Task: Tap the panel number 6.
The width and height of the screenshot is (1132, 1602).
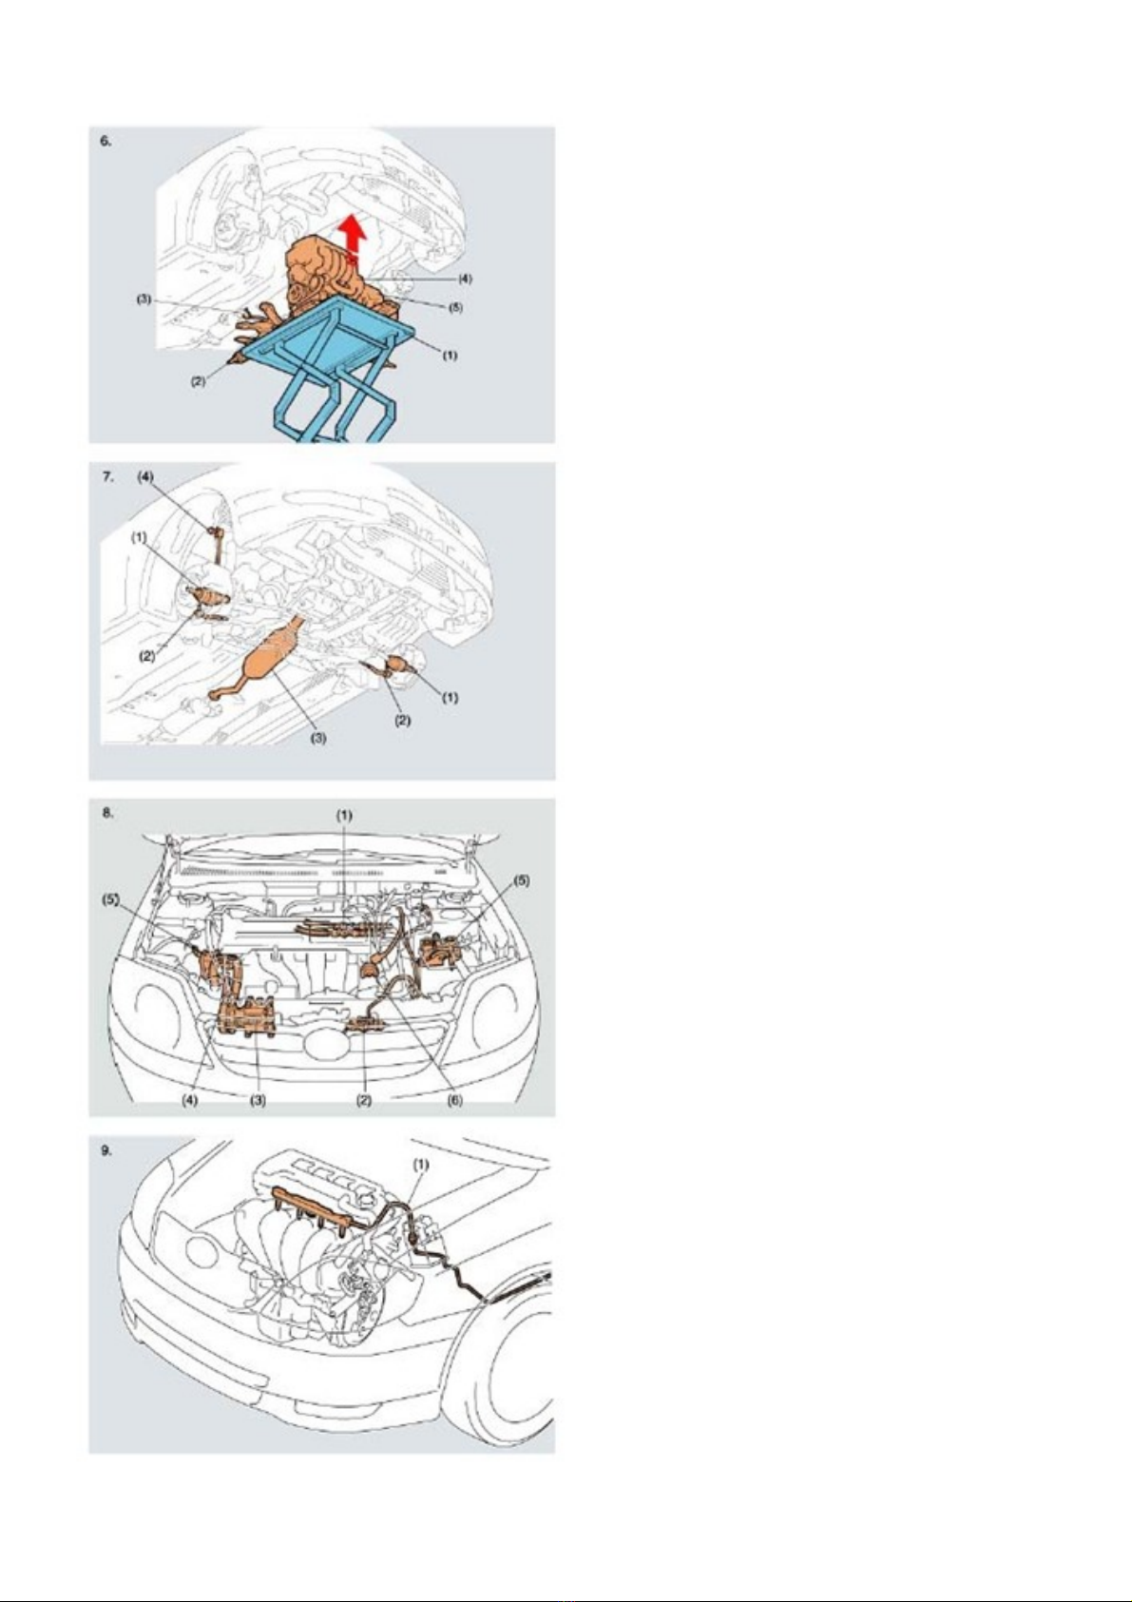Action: pyautogui.click(x=106, y=141)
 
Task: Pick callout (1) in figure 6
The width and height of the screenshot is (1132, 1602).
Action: pyautogui.click(x=449, y=355)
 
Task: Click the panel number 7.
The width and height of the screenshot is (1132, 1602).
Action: pyautogui.click(x=106, y=477)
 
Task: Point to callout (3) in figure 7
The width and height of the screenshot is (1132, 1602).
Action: pyautogui.click(x=318, y=739)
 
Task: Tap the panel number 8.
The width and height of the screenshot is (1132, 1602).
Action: pyautogui.click(x=106, y=813)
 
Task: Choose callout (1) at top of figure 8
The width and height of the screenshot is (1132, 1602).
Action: pyautogui.click(x=345, y=815)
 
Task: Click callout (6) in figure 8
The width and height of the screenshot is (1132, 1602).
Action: pyautogui.click(x=454, y=1101)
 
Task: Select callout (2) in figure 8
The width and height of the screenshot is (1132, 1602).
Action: pyautogui.click(x=364, y=1101)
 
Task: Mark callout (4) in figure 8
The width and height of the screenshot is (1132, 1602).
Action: pyautogui.click(x=189, y=1101)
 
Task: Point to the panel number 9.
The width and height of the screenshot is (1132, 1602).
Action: pyautogui.click(x=106, y=1150)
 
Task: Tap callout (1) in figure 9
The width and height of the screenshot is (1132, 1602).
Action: pyautogui.click(x=422, y=1165)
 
